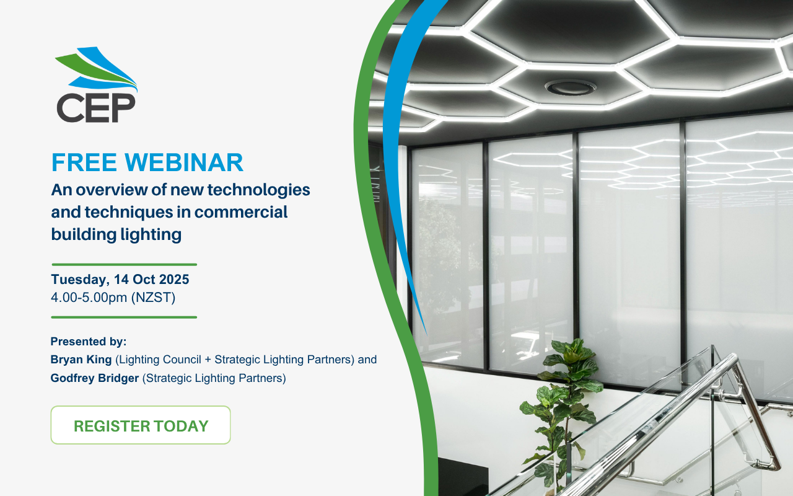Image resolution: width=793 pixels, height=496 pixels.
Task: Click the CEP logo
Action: [96, 85]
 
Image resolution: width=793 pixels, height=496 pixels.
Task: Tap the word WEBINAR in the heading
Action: [184, 162]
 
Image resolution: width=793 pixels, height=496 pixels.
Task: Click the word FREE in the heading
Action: [84, 162]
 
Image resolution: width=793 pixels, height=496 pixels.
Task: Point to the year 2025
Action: [174, 279]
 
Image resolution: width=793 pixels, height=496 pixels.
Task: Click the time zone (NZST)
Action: [153, 298]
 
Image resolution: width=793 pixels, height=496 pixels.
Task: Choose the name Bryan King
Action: [81, 360]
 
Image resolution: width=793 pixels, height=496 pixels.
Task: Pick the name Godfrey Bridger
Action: [95, 378]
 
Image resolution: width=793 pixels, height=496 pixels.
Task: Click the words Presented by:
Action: [89, 342]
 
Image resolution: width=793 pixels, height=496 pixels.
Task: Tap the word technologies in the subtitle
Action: [258, 190]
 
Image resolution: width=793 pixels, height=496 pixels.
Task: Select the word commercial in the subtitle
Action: [241, 212]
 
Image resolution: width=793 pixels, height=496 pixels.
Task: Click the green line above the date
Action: [125, 265]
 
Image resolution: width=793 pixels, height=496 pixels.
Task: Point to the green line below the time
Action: [124, 317]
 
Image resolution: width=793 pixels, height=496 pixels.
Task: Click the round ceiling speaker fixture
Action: [570, 87]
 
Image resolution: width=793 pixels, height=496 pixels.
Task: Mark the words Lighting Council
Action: [160, 360]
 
